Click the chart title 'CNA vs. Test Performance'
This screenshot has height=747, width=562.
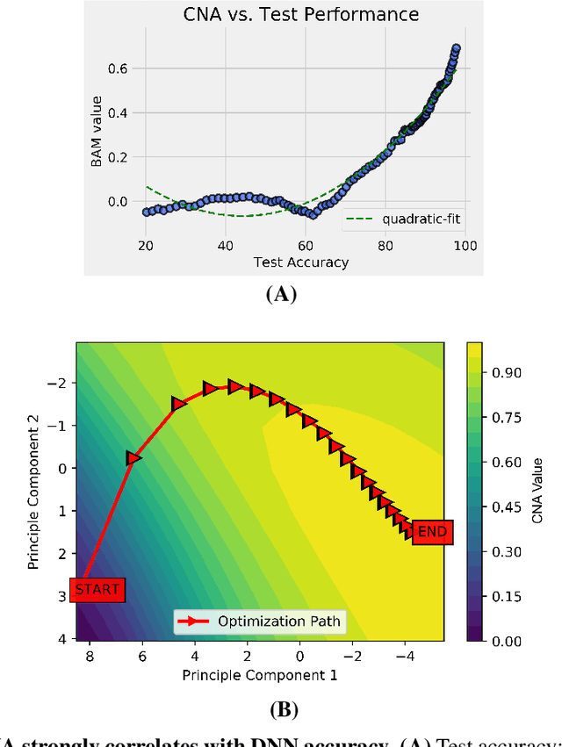point(299,14)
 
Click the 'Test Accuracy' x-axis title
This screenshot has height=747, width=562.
point(301,262)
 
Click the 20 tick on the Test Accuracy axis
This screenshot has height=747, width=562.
point(146,246)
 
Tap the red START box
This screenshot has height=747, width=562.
point(97,589)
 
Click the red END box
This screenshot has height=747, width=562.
point(431,531)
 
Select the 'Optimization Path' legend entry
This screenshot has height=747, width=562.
point(260,622)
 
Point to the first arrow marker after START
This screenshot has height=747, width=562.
point(133,457)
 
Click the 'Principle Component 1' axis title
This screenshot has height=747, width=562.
point(260,675)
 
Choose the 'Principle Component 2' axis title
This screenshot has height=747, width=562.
point(34,492)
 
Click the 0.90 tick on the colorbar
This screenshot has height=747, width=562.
point(509,372)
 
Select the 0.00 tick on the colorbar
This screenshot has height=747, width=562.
point(509,642)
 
